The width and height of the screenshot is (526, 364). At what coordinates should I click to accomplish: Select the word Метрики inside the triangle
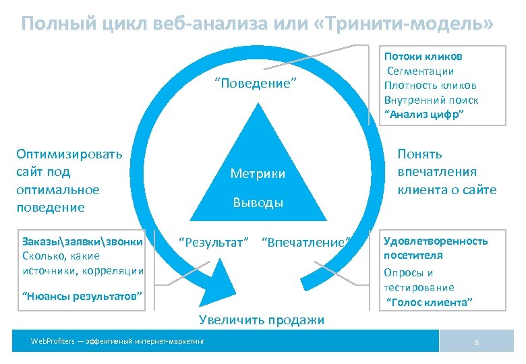point(258,174)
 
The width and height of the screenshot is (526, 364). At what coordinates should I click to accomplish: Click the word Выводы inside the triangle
point(258,202)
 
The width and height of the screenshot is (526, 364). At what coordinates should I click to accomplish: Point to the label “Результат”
point(213,241)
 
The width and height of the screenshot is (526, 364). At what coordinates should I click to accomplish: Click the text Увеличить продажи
point(261,320)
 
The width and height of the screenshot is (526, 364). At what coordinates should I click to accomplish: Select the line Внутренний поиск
point(431,100)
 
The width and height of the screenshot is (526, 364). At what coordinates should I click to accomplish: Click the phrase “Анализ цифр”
point(423,114)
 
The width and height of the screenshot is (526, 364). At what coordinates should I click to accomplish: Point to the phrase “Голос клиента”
point(430,302)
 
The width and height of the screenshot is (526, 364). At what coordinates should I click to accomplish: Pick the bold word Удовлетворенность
point(435,241)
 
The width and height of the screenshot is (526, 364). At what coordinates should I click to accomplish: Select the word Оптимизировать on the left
point(69,153)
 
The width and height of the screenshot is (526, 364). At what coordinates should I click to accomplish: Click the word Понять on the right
point(420,154)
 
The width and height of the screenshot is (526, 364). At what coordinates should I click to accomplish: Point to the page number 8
point(477,342)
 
